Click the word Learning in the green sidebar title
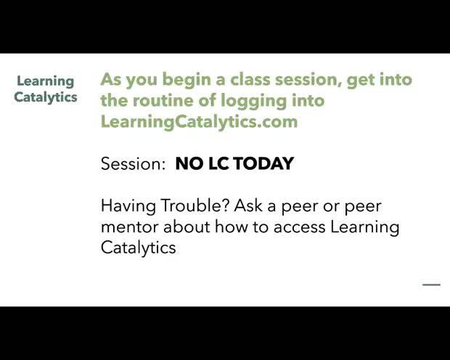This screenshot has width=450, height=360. tap(46, 81)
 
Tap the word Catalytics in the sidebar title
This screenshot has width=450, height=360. tap(46, 97)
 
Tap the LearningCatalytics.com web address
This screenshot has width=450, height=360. tap(199, 121)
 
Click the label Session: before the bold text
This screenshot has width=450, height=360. tap(134, 163)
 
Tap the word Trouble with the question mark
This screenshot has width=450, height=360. tap(188, 205)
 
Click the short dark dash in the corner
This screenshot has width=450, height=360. tap(431, 285)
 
